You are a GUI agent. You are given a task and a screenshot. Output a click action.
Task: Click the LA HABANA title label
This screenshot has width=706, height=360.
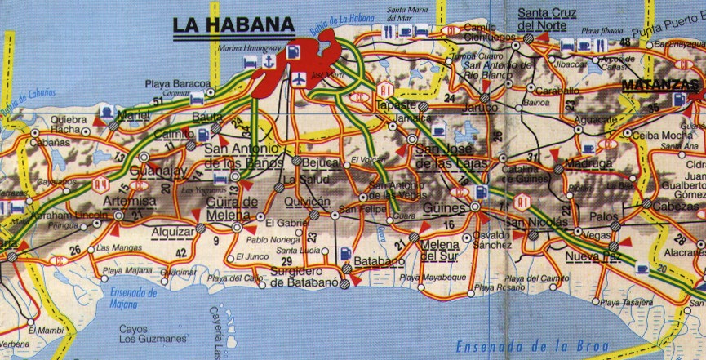tap(233, 25)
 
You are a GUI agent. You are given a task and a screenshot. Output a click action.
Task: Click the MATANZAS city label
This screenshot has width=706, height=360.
tap(662, 84)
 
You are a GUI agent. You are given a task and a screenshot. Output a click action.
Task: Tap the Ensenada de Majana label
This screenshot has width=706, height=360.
tap(126, 299)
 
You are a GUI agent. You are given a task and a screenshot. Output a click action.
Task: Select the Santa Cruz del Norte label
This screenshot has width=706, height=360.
tap(547, 18)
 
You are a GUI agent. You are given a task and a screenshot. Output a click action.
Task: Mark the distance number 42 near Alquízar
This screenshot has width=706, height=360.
tap(181, 251)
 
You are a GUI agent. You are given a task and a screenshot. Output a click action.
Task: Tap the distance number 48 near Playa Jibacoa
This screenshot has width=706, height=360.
tap(625, 42)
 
